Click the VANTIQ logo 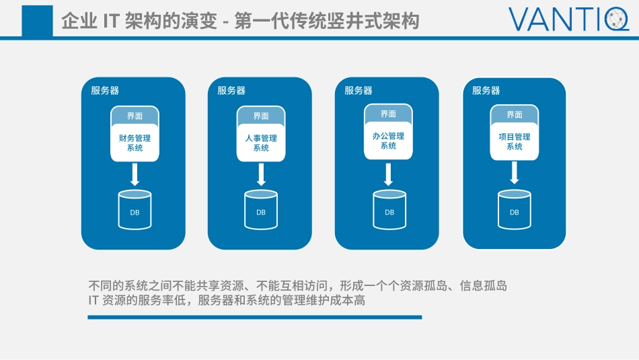pos(568,20)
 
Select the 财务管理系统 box pos(135,142)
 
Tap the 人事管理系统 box pos(261,142)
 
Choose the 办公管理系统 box pos(388,140)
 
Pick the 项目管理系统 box pos(515,141)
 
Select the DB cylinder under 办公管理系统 pos(389,209)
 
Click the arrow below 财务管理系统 pos(135,174)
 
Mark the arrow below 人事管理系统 pos(261,174)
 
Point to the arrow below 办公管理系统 pos(388,174)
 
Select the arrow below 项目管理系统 pos(515,173)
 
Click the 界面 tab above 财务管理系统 pos(135,116)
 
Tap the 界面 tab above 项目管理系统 pos(515,114)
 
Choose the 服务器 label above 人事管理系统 pos(231,90)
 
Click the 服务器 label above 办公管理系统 pos(359,90)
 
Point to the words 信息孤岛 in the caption pos(484,286)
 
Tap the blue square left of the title pos(37,21)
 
